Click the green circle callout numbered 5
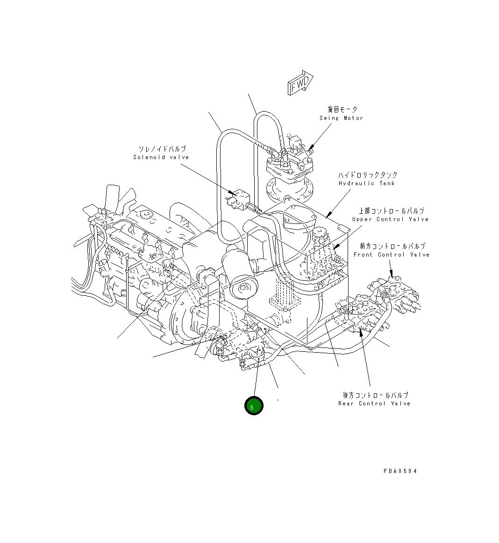point(254,406)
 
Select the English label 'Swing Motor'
point(341,118)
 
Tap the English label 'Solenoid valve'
point(161,158)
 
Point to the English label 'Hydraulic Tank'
point(367,183)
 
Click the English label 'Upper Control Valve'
point(390,219)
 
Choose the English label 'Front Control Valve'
point(391,255)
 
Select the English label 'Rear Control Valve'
point(374,404)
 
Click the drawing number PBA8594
point(400,471)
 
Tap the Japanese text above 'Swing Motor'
point(342,110)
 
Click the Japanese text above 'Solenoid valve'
point(162,149)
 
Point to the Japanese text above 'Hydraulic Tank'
point(368,175)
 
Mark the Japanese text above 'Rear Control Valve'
point(375,395)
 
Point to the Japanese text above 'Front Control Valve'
point(392,246)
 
